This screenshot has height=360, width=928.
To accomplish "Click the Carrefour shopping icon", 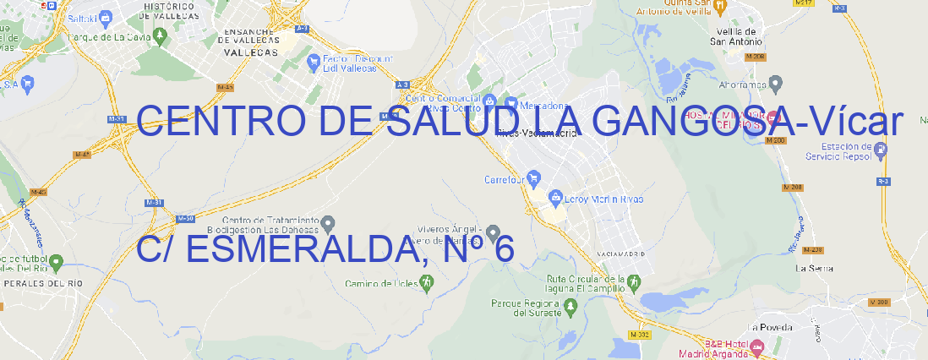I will (x=535, y=178).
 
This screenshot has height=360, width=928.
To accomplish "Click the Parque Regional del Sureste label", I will (x=526, y=307).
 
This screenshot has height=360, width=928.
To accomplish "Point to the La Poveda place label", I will (x=771, y=327).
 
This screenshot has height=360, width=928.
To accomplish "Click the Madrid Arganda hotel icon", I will (x=757, y=346).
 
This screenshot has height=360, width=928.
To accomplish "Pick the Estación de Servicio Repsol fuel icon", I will (x=881, y=150).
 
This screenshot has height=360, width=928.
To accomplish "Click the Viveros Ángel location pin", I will (x=494, y=232).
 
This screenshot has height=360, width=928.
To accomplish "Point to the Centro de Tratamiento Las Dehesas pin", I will (x=328, y=224).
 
